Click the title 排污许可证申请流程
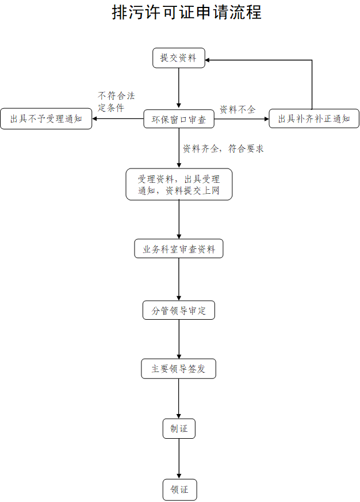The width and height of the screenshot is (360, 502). pyautogui.click(x=186, y=12)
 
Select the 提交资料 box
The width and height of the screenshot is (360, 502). pyautogui.click(x=178, y=58)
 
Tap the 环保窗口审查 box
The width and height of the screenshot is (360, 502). pyautogui.click(x=178, y=119)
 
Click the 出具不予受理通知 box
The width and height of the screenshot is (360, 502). pyautogui.click(x=46, y=119)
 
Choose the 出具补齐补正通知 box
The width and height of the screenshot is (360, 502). pyautogui.click(x=314, y=119)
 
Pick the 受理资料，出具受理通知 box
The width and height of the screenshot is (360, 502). pyautogui.click(x=179, y=185)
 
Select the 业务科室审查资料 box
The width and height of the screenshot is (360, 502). pyautogui.click(x=179, y=250)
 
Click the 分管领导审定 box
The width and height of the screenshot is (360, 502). pyautogui.click(x=179, y=311)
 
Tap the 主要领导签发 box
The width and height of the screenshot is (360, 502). pyautogui.click(x=178, y=369)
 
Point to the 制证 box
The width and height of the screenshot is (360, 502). pyautogui.click(x=179, y=428)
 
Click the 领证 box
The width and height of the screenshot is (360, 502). pyautogui.click(x=179, y=490)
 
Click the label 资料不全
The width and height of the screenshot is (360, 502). pyautogui.click(x=238, y=109)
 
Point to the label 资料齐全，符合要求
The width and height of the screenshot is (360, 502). pyautogui.click(x=223, y=148)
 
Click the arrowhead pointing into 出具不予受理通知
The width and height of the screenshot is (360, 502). pyautogui.click(x=95, y=119)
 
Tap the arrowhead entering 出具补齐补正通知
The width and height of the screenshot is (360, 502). pyautogui.click(x=266, y=119)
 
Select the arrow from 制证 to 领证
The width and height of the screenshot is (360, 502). pyautogui.click(x=179, y=458)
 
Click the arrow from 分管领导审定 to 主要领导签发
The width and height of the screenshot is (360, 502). pyautogui.click(x=179, y=339)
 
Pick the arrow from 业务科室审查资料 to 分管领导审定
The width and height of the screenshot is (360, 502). pyautogui.click(x=179, y=279)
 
